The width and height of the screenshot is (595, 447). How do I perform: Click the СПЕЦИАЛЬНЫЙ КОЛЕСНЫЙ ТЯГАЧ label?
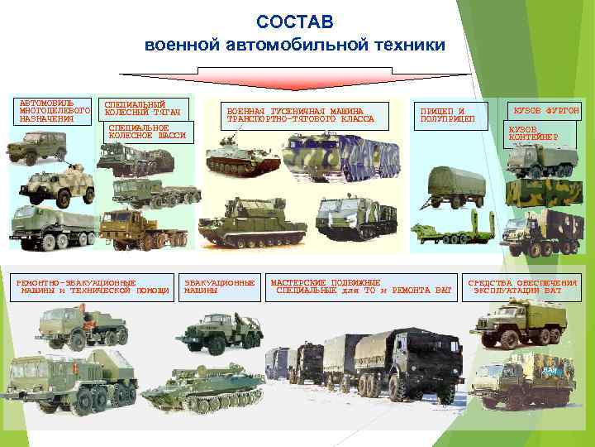pyautogui.click(x=143, y=109)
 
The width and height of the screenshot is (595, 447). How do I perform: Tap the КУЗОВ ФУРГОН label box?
pyautogui.click(x=545, y=110)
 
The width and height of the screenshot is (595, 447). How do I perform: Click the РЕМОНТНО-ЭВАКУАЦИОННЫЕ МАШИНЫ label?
pyautogui.click(x=93, y=286)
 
